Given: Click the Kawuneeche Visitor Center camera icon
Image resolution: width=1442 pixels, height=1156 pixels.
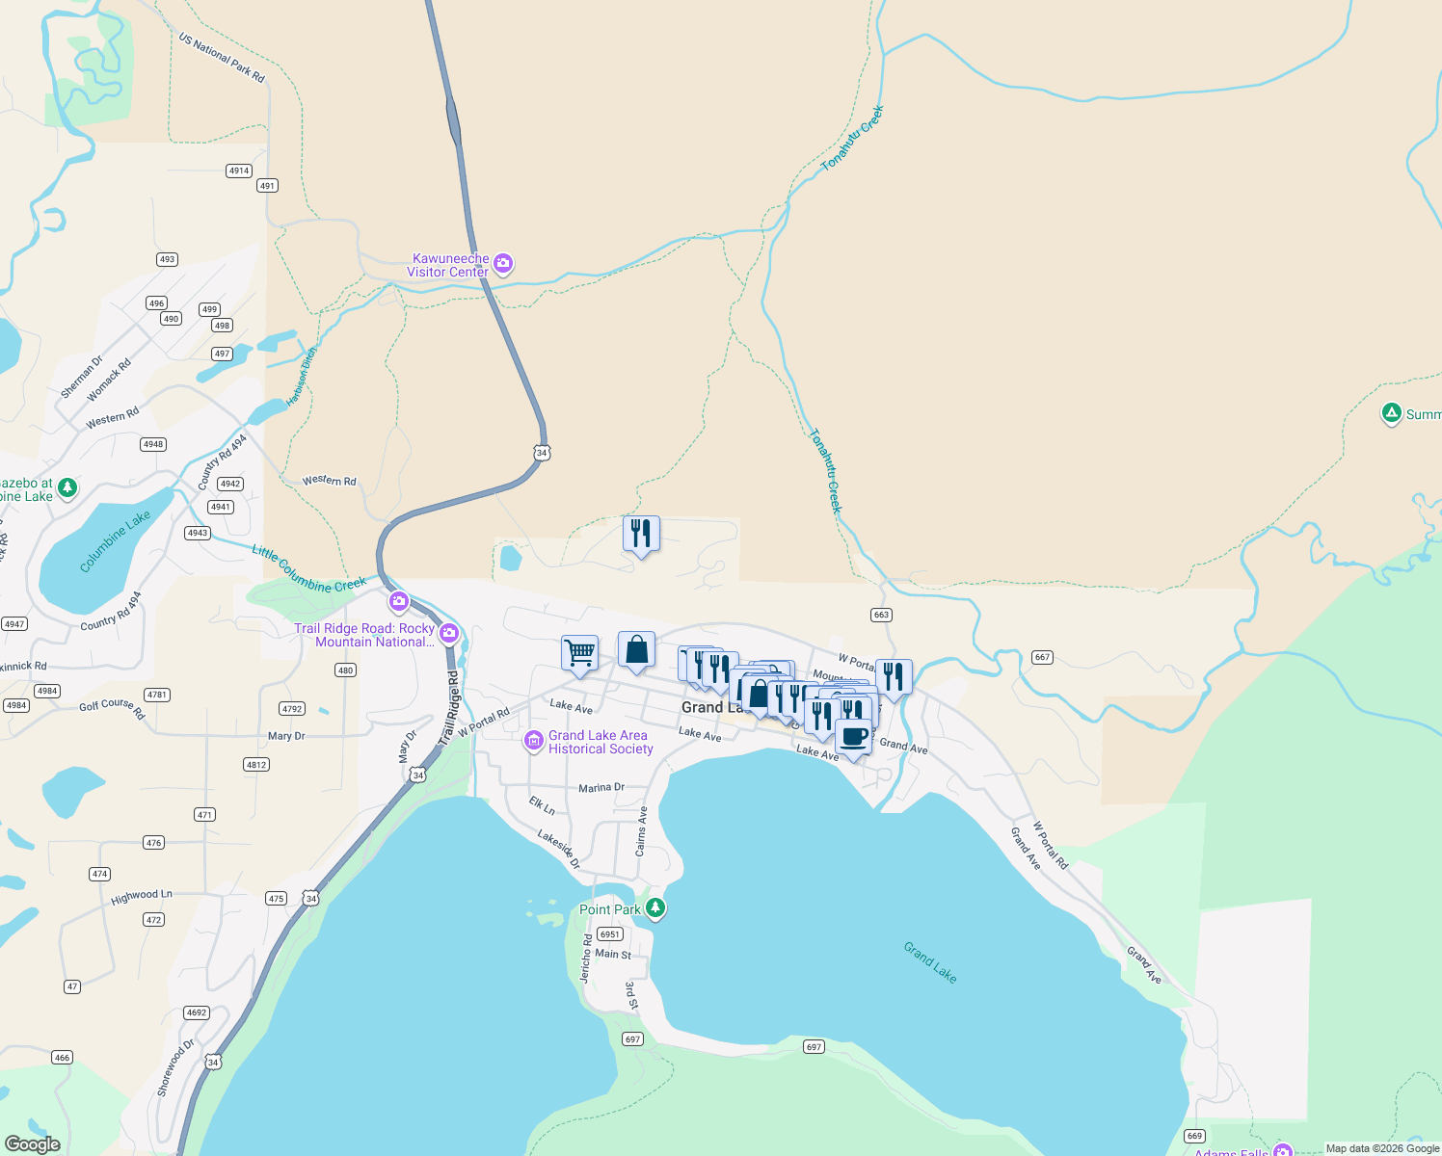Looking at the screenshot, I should pyautogui.click(x=502, y=263).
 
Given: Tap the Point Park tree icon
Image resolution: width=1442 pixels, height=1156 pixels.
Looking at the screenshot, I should pyautogui.click(x=655, y=907).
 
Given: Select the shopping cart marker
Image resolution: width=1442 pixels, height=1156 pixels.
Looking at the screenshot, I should pyautogui.click(x=579, y=653).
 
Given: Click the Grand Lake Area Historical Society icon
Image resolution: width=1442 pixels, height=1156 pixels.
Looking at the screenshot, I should pyautogui.click(x=533, y=741).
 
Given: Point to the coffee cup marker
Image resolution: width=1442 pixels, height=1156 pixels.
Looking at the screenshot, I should pyautogui.click(x=853, y=737).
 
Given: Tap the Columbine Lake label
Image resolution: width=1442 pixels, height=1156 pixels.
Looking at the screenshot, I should pyautogui.click(x=115, y=540).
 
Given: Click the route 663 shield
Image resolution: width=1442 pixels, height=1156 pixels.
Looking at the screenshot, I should pyautogui.click(x=881, y=615).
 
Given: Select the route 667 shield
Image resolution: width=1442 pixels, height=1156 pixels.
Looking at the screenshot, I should pyautogui.click(x=1042, y=657).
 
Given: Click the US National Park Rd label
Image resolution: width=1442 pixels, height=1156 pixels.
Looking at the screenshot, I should pyautogui.click(x=222, y=57).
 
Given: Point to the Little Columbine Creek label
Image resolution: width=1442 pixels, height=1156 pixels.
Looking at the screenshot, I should pyautogui.click(x=308, y=569).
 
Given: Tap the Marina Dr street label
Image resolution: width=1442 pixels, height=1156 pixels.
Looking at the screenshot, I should pyautogui.click(x=601, y=788).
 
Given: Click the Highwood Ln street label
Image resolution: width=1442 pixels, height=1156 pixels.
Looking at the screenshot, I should pyautogui.click(x=141, y=896).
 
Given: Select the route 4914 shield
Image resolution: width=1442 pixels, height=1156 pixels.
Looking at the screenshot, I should pyautogui.click(x=239, y=171).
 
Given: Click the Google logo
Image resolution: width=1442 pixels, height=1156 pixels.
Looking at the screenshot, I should pyautogui.click(x=33, y=1143).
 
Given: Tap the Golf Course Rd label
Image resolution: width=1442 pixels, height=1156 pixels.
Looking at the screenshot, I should pyautogui.click(x=112, y=708).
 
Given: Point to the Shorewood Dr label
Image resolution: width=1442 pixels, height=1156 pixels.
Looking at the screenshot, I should pyautogui.click(x=175, y=1066).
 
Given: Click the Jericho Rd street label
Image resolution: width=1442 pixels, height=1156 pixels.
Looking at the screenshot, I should pyautogui.click(x=586, y=958).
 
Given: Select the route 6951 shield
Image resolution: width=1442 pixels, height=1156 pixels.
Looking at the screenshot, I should pyautogui.click(x=610, y=934).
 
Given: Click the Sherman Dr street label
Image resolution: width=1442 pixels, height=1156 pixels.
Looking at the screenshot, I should pyautogui.click(x=81, y=377).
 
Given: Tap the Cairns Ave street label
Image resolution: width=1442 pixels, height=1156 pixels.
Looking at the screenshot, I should pyautogui.click(x=641, y=830).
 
